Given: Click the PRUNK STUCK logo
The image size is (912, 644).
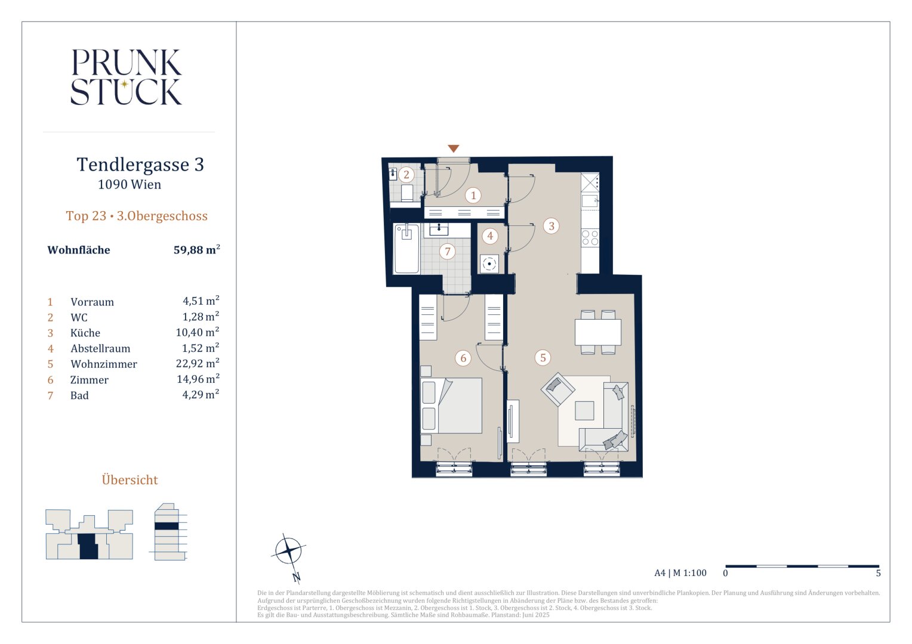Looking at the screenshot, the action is (126, 77).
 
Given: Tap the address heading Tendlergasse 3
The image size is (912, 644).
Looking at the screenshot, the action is (140, 165).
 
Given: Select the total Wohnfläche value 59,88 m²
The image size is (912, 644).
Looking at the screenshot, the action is (196, 249).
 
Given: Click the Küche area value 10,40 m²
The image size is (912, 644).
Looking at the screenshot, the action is (198, 332).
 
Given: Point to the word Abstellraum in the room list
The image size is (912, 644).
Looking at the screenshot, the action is (100, 349).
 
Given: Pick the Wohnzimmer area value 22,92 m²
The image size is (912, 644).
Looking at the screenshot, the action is (198, 363).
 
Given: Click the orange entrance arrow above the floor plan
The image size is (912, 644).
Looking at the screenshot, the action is (453, 148).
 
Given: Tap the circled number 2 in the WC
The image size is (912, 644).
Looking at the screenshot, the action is (406, 175).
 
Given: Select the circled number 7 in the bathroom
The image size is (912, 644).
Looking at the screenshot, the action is (448, 252).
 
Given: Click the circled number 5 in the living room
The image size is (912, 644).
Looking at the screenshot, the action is (543, 358).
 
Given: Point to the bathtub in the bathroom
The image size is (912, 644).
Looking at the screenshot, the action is (406, 248).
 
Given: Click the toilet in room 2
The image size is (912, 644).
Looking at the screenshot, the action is (407, 193).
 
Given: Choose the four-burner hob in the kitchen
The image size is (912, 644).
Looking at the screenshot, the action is (590, 238).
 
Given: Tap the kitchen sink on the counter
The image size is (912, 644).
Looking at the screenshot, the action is (590, 201).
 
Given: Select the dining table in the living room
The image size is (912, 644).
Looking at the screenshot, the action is (597, 332).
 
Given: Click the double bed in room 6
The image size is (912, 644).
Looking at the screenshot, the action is (451, 405).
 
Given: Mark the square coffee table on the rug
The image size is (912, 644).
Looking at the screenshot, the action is (584, 410).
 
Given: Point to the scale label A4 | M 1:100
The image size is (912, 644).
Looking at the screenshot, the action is (680, 573).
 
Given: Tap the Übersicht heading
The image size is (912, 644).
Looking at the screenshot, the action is (130, 479).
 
